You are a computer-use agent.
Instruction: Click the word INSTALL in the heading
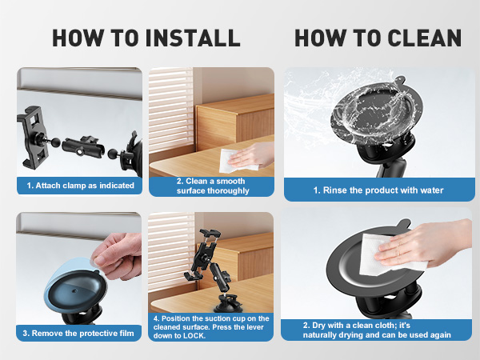[x=193, y=38]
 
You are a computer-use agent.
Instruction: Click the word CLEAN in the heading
[x=424, y=38]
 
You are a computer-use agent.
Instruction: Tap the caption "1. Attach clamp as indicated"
[x=80, y=186]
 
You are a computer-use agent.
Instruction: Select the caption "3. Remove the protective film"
[x=78, y=333]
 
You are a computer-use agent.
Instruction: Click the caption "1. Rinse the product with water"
[x=378, y=190]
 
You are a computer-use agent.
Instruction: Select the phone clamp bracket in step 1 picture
[x=32, y=137]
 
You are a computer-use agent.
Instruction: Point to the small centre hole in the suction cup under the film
[x=74, y=290]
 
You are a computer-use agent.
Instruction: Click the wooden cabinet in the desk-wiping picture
[x=235, y=122]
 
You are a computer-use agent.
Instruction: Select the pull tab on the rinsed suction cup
[x=399, y=80]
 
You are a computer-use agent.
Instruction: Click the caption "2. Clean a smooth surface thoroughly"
[x=213, y=186]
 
